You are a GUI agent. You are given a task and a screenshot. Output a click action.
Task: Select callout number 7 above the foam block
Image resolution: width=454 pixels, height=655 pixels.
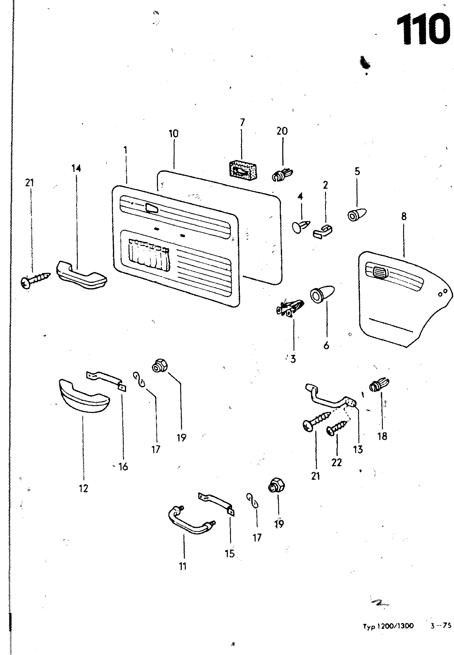(x=242, y=122)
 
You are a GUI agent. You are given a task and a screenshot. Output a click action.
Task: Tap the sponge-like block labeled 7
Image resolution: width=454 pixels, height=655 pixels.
(x=242, y=170)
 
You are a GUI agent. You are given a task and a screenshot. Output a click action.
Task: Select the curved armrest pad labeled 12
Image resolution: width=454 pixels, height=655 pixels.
(x=84, y=395)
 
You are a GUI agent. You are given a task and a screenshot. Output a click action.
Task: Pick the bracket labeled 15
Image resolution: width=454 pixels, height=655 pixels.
(x=216, y=503)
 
